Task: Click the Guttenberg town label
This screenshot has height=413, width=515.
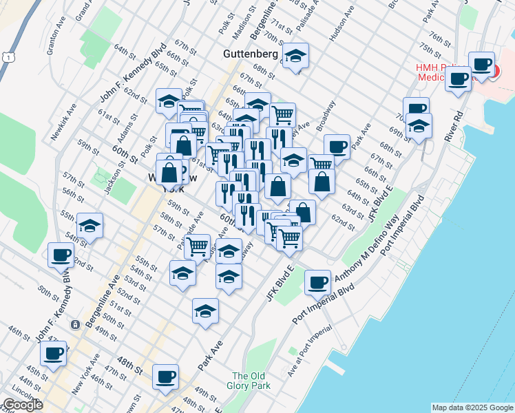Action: click(251, 54)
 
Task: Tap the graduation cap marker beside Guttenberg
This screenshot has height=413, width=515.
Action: click(295, 56)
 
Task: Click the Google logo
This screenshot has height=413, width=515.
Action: click(23, 405)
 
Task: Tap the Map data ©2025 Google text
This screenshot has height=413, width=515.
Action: click(472, 407)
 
